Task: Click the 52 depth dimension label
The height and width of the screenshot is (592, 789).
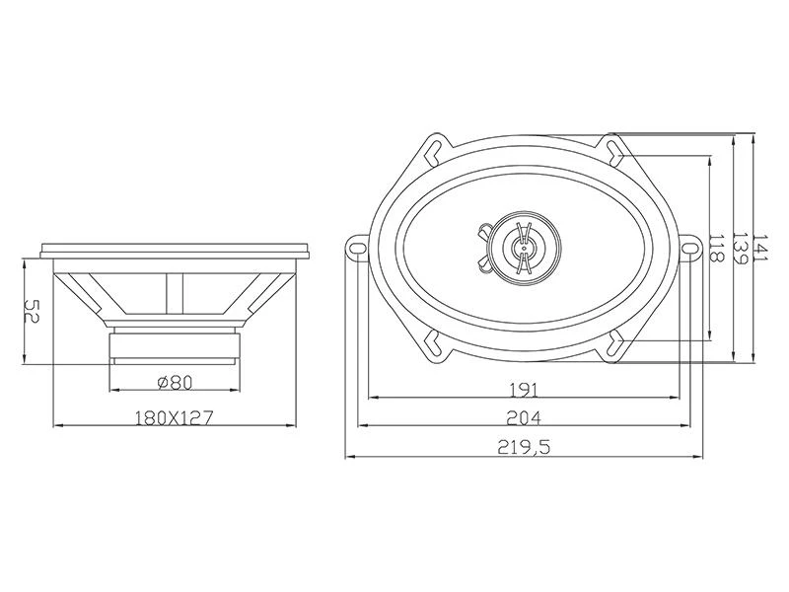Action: click(32, 312)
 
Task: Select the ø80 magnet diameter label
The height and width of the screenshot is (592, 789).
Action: click(175, 383)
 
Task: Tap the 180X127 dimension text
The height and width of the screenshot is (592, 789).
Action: click(175, 417)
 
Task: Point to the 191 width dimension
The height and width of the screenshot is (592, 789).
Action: click(524, 390)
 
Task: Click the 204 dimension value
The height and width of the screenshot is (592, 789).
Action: click(524, 417)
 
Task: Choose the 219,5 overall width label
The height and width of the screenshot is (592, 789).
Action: click(524, 447)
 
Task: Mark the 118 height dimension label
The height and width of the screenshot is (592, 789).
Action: click(716, 249)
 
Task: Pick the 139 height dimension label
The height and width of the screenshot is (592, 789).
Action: click(739, 248)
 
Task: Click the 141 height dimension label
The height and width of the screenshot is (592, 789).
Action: click(760, 248)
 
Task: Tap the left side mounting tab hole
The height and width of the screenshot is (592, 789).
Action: click(358, 249)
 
